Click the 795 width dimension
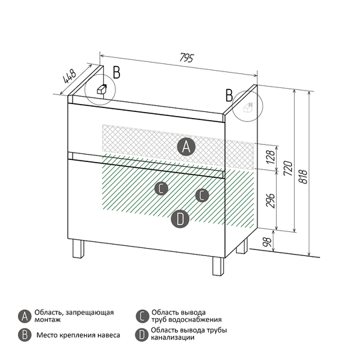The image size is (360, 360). pos(187,57)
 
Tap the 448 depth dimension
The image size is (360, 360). pos(69,76)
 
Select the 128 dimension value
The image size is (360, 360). pos(271,157)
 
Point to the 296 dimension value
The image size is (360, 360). pos(271,201)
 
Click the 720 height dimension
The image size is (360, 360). pos(288,168)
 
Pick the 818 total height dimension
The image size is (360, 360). pos(303,177)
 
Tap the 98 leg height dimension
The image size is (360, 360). pos(267,242)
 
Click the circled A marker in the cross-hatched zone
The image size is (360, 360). pos(186,147)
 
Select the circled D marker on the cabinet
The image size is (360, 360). pos(180,219)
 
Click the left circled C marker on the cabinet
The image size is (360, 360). pos(161,188)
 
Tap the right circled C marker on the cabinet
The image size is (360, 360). pos(202,195)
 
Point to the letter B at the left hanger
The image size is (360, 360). pos(117,72)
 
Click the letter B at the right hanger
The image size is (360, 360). pos(229,95)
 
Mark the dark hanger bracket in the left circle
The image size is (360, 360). pos(102,89)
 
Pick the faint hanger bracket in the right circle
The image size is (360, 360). pos(247,107)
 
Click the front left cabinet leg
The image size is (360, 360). pos(78,249)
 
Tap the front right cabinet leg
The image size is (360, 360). pos(218,266)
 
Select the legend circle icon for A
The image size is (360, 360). pos(25,317)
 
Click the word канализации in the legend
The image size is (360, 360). pos(173,337)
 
